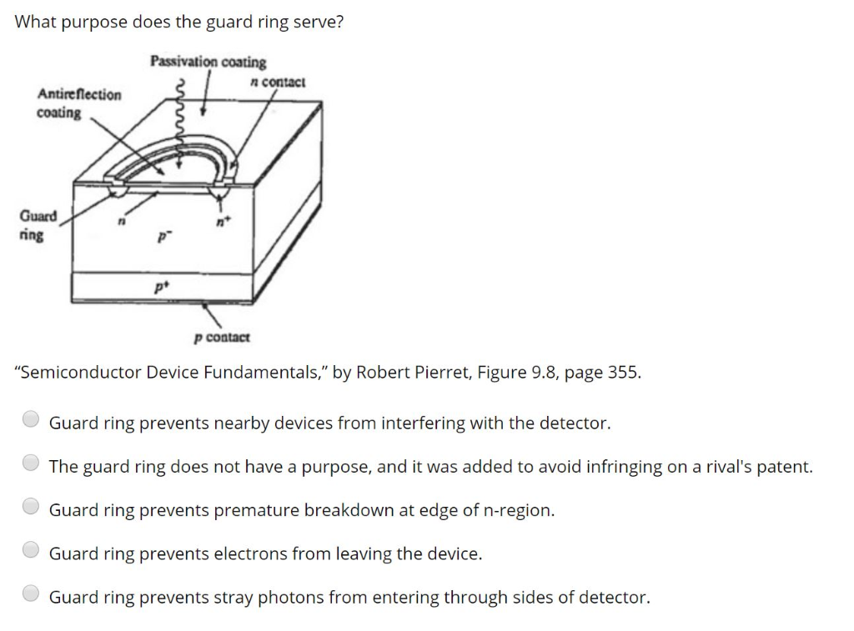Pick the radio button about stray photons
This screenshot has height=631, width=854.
[x=31, y=593]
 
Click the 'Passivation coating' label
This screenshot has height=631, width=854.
[x=208, y=62]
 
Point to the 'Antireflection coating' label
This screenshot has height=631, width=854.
[x=78, y=103]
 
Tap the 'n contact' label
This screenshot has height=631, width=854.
[x=278, y=82]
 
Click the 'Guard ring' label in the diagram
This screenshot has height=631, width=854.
[x=38, y=226]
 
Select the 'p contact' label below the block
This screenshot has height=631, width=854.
[x=221, y=338]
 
